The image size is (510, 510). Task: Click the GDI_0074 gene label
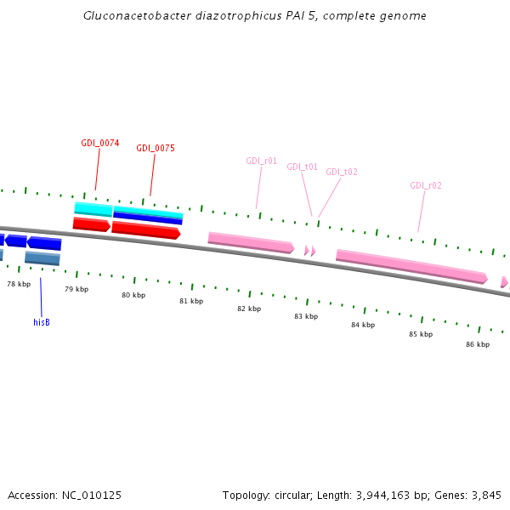click(x=100, y=143)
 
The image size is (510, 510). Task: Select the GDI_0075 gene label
click(x=156, y=148)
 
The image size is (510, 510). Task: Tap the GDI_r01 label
click(x=261, y=161)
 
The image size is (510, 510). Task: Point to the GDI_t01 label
click(x=302, y=167)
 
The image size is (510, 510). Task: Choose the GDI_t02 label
click(x=342, y=172)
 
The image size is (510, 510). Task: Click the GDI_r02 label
click(x=425, y=185)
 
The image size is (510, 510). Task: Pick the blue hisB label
click(x=42, y=322)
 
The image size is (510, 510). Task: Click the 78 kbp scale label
click(x=19, y=284)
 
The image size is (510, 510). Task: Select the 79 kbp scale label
click(x=76, y=289)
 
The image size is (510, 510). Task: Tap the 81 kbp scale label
click(x=191, y=301)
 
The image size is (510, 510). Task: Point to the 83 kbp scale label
click(x=306, y=316)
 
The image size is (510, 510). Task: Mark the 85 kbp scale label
click(x=421, y=334)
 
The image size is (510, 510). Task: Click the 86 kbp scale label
click(x=478, y=344)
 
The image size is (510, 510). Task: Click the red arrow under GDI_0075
click(x=145, y=229)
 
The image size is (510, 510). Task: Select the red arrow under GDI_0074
click(x=91, y=224)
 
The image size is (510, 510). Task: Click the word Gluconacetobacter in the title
click(x=127, y=16)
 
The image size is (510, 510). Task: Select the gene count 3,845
click(x=486, y=495)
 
